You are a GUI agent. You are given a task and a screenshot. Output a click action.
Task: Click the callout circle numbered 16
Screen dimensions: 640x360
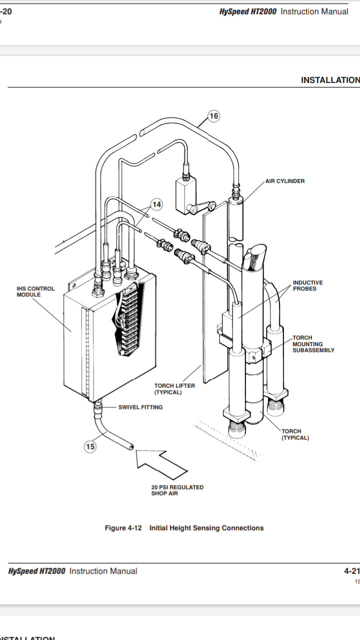click(x=213, y=116)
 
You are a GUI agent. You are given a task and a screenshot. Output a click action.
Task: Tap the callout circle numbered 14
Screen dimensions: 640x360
click(x=157, y=204)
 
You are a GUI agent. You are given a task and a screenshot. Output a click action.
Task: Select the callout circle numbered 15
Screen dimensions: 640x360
click(x=90, y=446)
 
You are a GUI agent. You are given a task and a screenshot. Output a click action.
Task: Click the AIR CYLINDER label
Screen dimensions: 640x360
click(x=284, y=181)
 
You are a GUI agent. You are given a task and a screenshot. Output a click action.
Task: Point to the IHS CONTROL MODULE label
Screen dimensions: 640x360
click(x=35, y=291)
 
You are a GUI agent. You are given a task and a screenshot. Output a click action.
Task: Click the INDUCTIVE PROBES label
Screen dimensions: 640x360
click(x=307, y=285)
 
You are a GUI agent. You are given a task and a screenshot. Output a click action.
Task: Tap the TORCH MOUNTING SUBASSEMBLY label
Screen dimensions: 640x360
click(x=313, y=344)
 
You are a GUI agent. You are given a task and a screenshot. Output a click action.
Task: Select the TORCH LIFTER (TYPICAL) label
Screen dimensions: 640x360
click(x=174, y=388)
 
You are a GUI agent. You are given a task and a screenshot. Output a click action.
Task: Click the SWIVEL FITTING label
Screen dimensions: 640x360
click(x=140, y=407)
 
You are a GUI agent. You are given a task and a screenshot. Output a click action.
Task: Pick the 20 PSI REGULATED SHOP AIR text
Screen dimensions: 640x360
click(x=177, y=490)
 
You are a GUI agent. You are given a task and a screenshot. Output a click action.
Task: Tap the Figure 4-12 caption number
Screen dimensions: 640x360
click(x=123, y=528)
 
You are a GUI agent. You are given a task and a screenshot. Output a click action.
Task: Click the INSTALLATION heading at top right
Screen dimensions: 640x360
click(x=330, y=80)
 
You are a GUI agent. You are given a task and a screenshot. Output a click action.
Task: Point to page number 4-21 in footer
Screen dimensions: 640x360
click(x=351, y=571)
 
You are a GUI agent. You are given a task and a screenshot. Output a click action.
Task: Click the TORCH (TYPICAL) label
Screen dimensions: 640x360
click(x=295, y=434)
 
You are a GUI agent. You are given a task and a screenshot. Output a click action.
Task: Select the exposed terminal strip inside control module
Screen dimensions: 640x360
click(x=128, y=320)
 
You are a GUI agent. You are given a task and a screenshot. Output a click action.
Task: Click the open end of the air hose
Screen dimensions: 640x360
click(x=130, y=446)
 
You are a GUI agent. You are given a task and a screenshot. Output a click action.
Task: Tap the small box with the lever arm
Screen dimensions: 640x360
click(x=185, y=189)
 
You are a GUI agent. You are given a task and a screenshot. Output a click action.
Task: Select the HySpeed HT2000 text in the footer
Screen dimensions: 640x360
click(x=37, y=571)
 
